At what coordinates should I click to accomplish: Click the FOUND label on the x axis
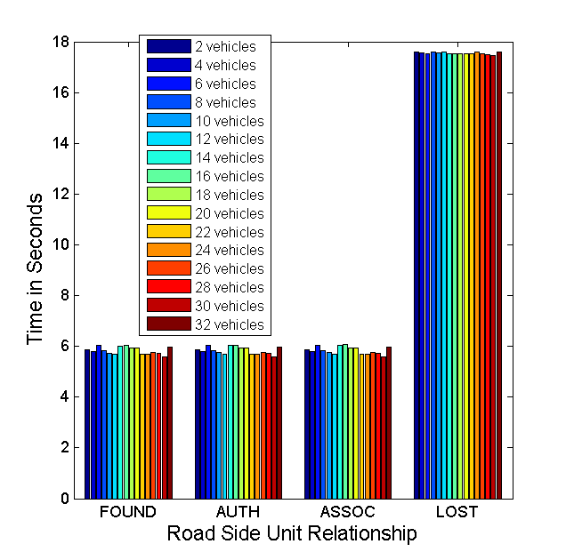click(128, 512)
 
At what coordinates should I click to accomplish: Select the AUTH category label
click(239, 512)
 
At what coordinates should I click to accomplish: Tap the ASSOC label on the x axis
click(347, 512)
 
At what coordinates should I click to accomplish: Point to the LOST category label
click(457, 512)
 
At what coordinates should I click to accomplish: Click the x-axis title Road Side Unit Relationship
click(292, 534)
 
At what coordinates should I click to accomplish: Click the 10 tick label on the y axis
click(59, 245)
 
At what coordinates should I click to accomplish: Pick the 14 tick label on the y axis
click(59, 144)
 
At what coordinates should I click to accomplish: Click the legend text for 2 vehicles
click(225, 46)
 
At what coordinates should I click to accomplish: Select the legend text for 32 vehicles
click(229, 324)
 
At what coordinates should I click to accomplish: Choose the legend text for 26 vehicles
click(229, 268)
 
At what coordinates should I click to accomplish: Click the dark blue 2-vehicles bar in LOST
click(416, 276)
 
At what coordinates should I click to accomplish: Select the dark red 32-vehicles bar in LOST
click(499, 276)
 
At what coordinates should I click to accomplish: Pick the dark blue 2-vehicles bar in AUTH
click(198, 424)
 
